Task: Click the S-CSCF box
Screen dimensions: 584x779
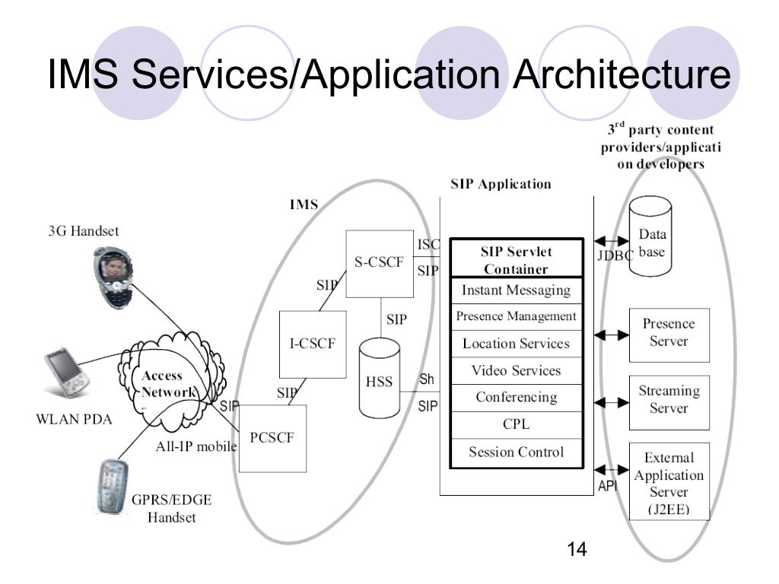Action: [x=379, y=263]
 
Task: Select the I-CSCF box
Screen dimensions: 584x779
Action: [x=313, y=344]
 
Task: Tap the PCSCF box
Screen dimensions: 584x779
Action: [x=272, y=438]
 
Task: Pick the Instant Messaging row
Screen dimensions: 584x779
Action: [x=516, y=290]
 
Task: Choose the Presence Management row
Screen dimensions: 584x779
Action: [x=516, y=316]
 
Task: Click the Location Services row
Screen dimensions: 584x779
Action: [x=516, y=344]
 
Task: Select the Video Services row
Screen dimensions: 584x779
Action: [x=516, y=371]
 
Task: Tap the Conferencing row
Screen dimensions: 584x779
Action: [x=516, y=398]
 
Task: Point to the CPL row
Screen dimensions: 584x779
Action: [x=516, y=424]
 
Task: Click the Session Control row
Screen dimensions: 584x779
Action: [x=516, y=452]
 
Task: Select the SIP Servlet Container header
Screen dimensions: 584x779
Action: [x=516, y=260]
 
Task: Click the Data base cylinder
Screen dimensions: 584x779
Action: [x=651, y=242]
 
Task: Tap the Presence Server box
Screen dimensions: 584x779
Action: [x=669, y=334]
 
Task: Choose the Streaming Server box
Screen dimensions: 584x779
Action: [x=669, y=400]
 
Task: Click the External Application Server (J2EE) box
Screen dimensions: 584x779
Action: [x=669, y=482]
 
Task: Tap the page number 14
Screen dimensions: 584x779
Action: [x=577, y=550]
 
